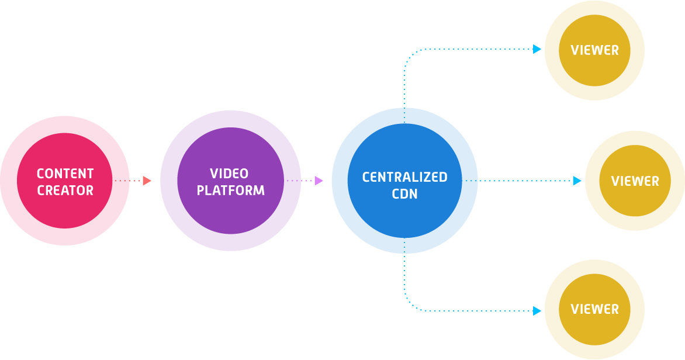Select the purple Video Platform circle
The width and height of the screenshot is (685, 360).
pos(230,216)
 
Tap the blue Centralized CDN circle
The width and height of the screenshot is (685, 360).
pos(404,222)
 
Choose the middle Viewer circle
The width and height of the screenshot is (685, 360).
pos(635,205)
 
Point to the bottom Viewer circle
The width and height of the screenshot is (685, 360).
pos(594,333)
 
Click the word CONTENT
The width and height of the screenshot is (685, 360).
pos(65,174)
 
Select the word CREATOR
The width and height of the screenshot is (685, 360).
pos(65,191)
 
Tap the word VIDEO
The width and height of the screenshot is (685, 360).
pos(229,174)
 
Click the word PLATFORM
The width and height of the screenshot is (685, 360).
pos(230,191)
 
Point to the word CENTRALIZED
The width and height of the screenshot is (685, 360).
pos(404,177)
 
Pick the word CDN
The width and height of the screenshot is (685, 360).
pos(404,194)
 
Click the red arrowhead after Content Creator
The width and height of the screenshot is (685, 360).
pos(147,181)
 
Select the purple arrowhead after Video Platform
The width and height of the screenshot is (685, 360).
pos(319,181)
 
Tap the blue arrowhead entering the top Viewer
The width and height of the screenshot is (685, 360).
pos(538,49)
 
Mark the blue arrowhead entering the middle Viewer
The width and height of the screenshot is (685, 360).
pos(577,181)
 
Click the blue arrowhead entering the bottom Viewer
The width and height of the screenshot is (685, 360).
pos(538,311)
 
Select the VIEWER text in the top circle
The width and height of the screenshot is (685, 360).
pos(594,50)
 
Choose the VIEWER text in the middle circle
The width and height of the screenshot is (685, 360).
pos(635,181)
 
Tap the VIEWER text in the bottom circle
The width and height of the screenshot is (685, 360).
pos(594,309)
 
